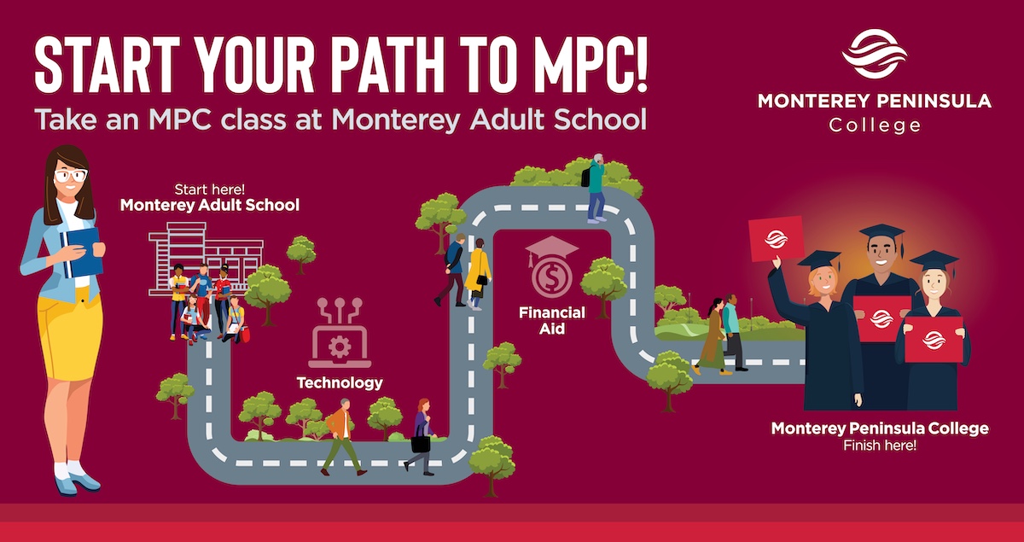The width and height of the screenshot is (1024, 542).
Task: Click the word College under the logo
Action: tap(875, 125)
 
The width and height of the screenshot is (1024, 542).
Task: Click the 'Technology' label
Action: tap(340, 382)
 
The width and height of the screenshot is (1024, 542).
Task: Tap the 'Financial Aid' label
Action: tap(552, 321)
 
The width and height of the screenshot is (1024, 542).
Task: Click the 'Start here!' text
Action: tap(210, 189)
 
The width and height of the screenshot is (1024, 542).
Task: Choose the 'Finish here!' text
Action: tap(880, 446)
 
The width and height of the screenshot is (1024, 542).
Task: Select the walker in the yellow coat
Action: tap(478, 272)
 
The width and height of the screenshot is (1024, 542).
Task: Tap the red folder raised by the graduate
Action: tap(776, 239)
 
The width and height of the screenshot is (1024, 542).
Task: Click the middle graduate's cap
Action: tap(881, 233)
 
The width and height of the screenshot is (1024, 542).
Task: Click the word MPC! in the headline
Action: tap(580, 67)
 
